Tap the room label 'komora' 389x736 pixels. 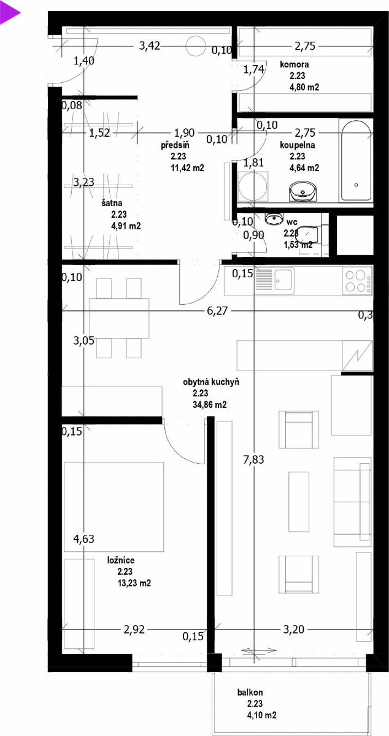pos(295,64)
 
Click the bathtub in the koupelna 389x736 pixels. pos(356,160)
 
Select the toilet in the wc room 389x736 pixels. pos(309,234)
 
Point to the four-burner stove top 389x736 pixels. pos(358,281)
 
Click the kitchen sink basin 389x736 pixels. pos(285,280)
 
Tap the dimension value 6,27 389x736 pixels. pos(217,310)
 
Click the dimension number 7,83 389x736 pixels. pos(253,459)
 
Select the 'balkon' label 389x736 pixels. pos(250,692)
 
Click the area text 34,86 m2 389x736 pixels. pos(210,404)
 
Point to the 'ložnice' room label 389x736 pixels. pos(121,560)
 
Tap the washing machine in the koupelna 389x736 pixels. pos(253,186)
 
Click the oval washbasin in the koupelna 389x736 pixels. pos(302,191)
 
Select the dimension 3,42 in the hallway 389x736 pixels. pos(150,45)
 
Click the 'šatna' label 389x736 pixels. pos(112,203)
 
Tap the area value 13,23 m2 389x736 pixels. pos(134,583)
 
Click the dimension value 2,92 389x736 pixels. pos(134,629)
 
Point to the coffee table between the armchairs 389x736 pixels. pos(299,502)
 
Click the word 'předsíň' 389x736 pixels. pos(175,145)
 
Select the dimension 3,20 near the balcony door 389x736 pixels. pos(294,629)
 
